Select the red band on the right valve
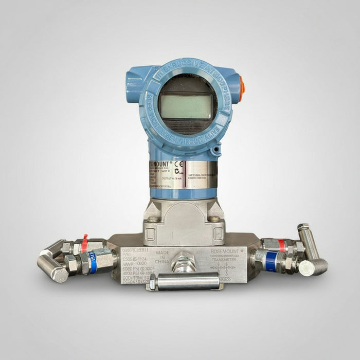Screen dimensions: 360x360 click(281, 245)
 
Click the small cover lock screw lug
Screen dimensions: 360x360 click(217, 150)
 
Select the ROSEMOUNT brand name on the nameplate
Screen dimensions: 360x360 click(161, 164)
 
